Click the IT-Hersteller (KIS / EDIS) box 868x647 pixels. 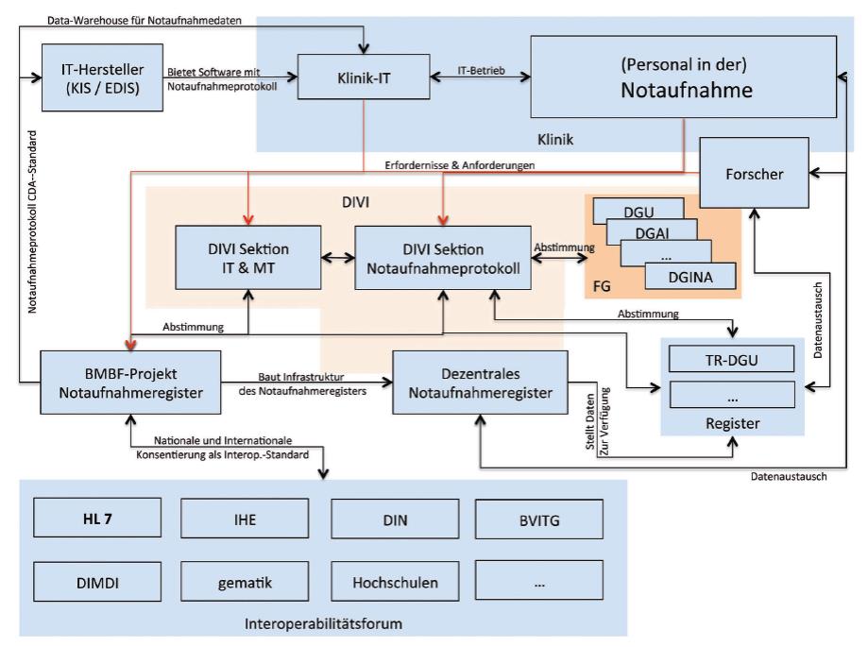coord(101,78)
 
